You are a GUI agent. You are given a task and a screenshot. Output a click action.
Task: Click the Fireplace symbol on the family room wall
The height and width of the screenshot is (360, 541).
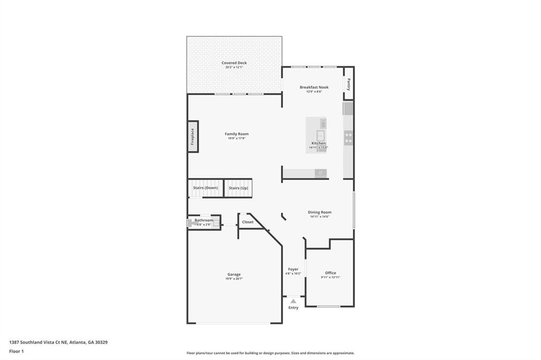tap(193, 137)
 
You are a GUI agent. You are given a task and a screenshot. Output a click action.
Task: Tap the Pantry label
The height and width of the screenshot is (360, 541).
tap(349, 84)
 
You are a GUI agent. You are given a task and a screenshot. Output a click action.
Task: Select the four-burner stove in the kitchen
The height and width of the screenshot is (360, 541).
tap(349, 138)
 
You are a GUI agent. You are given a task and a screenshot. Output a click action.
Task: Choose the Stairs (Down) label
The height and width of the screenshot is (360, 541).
tap(206, 188)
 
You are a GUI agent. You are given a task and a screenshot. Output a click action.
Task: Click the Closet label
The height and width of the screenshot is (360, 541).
tap(248, 222)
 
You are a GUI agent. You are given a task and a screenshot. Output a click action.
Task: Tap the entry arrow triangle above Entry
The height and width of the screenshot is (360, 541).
tap(293, 301)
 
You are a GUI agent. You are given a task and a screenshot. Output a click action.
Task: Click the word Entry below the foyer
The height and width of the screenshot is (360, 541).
tap(293, 308)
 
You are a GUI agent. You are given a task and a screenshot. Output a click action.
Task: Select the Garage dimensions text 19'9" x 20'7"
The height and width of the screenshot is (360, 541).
tap(234, 279)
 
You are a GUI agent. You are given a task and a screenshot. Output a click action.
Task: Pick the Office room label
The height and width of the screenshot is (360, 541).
tap(330, 273)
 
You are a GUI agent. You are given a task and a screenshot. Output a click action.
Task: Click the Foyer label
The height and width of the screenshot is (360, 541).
tap(293, 269)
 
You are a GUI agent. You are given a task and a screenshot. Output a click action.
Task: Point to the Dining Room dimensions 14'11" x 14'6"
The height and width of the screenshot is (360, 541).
tap(320, 216)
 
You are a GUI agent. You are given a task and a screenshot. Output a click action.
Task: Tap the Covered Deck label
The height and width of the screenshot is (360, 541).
tap(234, 63)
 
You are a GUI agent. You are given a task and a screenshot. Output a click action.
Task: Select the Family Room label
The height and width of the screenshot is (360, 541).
tap(237, 134)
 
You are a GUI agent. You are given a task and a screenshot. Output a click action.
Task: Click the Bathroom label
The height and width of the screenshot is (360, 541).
tap(204, 220)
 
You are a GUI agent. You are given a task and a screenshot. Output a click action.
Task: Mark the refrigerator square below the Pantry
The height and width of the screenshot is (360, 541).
tap(348, 109)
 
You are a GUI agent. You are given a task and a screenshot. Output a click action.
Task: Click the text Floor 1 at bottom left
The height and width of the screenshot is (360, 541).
tap(17, 351)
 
